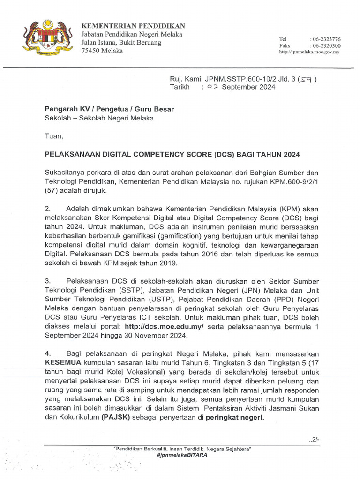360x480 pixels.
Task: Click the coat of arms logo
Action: coord(47,37)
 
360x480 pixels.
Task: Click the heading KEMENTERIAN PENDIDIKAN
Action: coord(134,26)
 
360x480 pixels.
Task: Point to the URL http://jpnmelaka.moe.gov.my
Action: coord(309,52)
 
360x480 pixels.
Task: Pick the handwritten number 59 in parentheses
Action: coord(307,79)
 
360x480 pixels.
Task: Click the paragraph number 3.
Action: coord(47,281)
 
